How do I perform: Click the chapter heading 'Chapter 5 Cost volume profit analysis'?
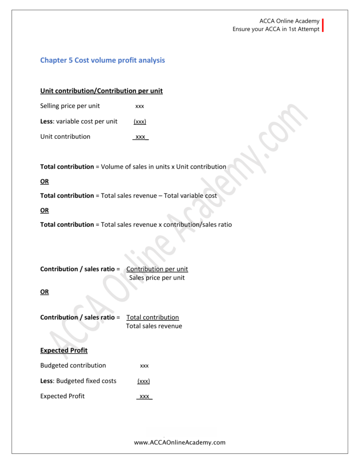[102, 60]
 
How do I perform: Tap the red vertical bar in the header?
[323, 25]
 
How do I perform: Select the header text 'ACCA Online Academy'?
[289, 21]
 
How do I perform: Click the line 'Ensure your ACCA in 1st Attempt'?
[276, 30]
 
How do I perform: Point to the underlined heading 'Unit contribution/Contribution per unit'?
[101, 91]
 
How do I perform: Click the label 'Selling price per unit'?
[70, 106]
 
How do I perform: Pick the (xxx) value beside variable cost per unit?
[140, 122]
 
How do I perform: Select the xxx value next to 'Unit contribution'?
[140, 137]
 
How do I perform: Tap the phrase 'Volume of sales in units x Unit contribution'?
[163, 167]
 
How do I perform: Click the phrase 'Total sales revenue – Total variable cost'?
[159, 196]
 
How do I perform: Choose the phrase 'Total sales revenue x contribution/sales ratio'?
[166, 224]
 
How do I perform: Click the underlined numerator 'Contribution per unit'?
[157, 269]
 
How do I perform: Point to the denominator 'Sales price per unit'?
[157, 278]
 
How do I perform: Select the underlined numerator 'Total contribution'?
[152, 317]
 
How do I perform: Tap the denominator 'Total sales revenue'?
[154, 326]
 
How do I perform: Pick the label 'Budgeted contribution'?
[73, 365]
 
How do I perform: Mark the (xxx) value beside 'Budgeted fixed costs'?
[143, 381]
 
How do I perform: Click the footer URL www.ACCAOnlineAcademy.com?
[180, 442]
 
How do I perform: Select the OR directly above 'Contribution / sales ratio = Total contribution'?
[44, 292]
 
